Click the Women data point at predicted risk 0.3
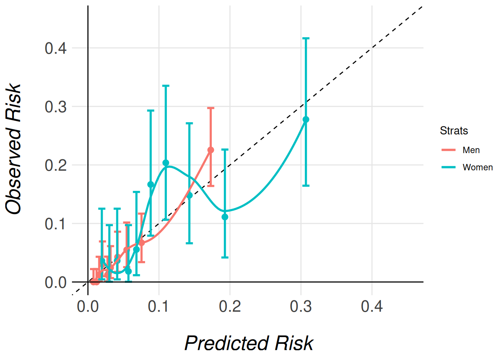point(306,120)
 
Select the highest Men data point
point(211,150)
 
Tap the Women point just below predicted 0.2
point(225,217)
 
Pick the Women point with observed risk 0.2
point(166,163)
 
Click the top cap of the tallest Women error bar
point(306,38)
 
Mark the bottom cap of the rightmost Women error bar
point(306,186)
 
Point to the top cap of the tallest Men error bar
point(211,108)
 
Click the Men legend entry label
point(471,150)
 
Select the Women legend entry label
point(477,167)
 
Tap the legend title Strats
point(454,130)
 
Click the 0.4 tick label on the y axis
point(55,48)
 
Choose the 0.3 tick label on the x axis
point(301,306)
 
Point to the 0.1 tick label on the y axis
point(55,224)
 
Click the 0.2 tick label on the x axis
point(230,306)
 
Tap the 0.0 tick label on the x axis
point(88,306)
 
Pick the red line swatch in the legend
point(448,150)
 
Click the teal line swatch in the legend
point(448,167)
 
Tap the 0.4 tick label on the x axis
point(372,306)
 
